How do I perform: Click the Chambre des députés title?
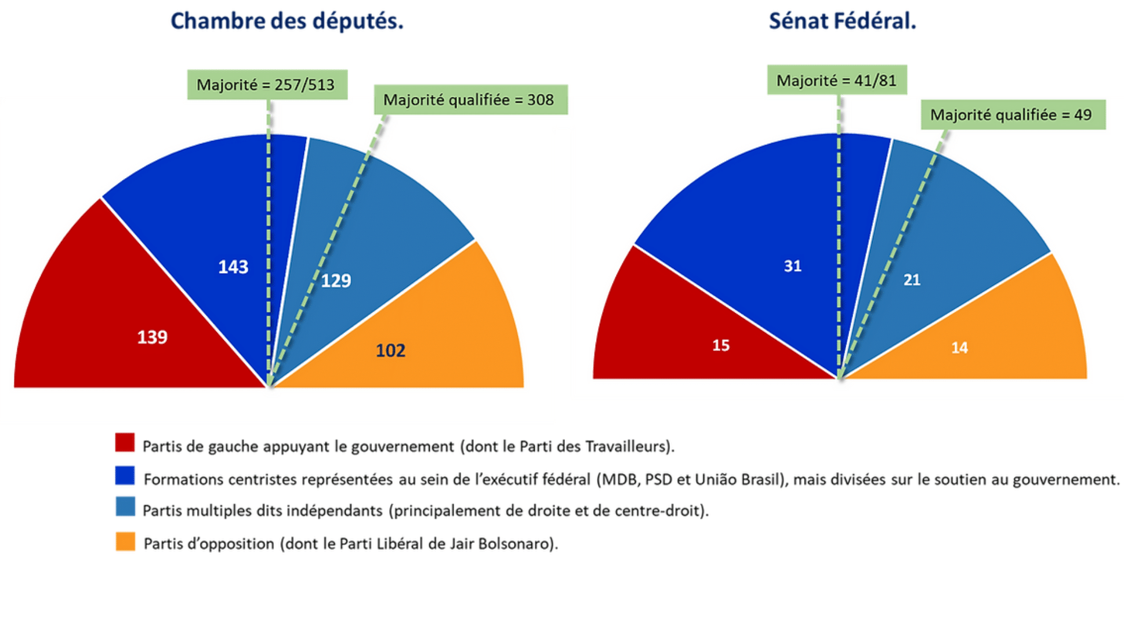[x=287, y=21]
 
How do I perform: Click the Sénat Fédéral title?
[x=842, y=21]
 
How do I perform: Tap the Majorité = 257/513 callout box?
[x=267, y=85]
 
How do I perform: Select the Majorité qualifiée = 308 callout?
[x=470, y=100]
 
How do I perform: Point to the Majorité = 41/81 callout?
[x=836, y=80]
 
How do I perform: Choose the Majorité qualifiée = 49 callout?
[x=1013, y=115]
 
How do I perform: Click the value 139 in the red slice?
[x=152, y=337]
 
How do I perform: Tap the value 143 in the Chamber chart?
[x=233, y=267]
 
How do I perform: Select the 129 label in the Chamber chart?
[x=336, y=281]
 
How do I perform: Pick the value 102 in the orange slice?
[x=390, y=350]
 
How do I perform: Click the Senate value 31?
[x=792, y=266]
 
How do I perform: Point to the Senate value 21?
[x=912, y=280]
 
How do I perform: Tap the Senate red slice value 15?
[x=720, y=346]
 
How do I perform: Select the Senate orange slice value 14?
[x=959, y=348]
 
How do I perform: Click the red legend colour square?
[x=125, y=443]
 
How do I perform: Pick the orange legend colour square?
[x=125, y=542]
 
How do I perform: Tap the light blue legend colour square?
[x=125, y=506]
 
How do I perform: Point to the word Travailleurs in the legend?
[x=626, y=447]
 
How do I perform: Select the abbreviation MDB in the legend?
[x=618, y=480]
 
